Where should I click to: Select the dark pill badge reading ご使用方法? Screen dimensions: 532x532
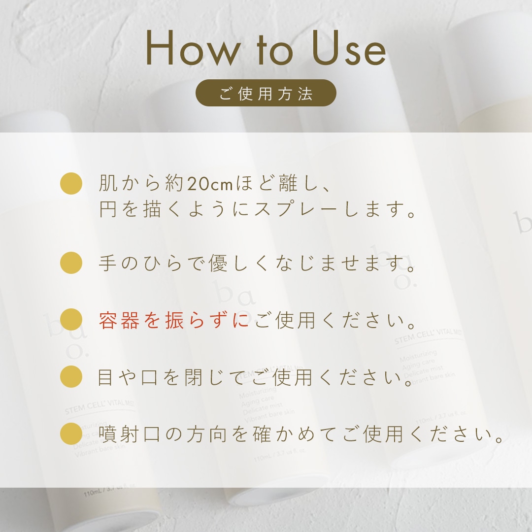click(x=266, y=93)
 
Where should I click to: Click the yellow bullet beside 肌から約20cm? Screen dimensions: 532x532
click(x=71, y=183)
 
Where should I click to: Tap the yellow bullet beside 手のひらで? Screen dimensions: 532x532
click(x=71, y=263)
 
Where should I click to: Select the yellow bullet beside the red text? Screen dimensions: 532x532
click(x=71, y=320)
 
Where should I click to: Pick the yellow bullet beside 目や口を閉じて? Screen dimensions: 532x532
click(x=71, y=377)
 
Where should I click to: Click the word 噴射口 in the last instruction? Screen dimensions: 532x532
click(x=131, y=434)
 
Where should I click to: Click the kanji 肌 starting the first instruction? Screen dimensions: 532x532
click(x=109, y=184)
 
